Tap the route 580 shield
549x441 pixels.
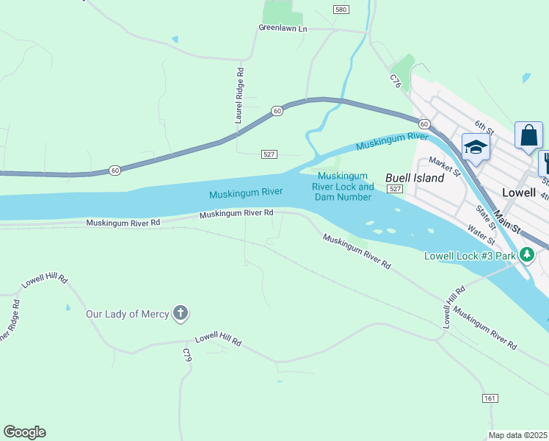click(x=340, y=10)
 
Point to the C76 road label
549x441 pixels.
click(x=396, y=81)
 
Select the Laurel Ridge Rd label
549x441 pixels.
click(x=239, y=95)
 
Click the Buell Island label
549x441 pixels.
click(x=415, y=178)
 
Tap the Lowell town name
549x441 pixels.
click(x=520, y=190)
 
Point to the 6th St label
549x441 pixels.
click(x=484, y=127)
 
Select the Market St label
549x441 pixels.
click(x=444, y=167)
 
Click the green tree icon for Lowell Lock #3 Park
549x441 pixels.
click(x=526, y=255)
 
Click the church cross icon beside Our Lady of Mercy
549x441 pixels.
click(x=180, y=314)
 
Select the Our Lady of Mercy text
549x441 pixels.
click(x=126, y=314)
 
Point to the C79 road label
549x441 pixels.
click(x=186, y=355)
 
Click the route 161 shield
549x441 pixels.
click(x=490, y=398)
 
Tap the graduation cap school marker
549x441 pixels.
click(x=475, y=147)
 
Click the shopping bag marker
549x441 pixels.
click(x=528, y=135)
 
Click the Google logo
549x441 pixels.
click(x=24, y=432)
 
